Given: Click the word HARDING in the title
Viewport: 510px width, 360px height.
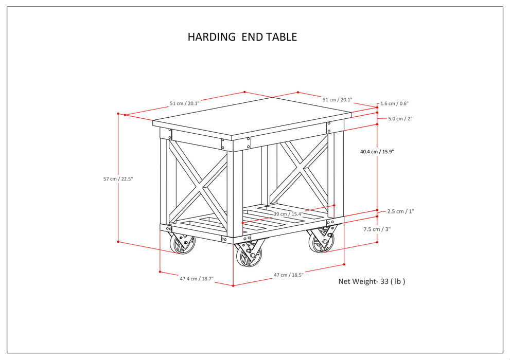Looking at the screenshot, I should point(209,37).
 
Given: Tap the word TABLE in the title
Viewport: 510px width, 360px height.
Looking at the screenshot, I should point(281,37).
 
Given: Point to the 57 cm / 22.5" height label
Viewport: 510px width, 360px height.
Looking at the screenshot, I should point(118,179).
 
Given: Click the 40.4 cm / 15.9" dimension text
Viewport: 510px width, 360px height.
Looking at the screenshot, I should point(377,152).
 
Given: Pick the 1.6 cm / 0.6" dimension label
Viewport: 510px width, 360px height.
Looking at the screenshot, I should point(395,103).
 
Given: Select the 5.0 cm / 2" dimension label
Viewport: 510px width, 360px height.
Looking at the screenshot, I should point(400,119).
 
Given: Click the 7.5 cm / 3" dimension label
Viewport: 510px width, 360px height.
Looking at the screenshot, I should point(377,229).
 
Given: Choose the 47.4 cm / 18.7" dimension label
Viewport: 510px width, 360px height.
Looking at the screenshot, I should point(196,279).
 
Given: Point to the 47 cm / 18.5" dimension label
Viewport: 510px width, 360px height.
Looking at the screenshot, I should point(288,275).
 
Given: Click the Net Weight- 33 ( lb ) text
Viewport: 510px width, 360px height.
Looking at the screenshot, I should point(372,281).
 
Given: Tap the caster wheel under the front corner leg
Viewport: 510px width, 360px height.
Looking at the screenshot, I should point(249,255).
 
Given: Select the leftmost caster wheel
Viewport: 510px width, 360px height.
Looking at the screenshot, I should point(182,243).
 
